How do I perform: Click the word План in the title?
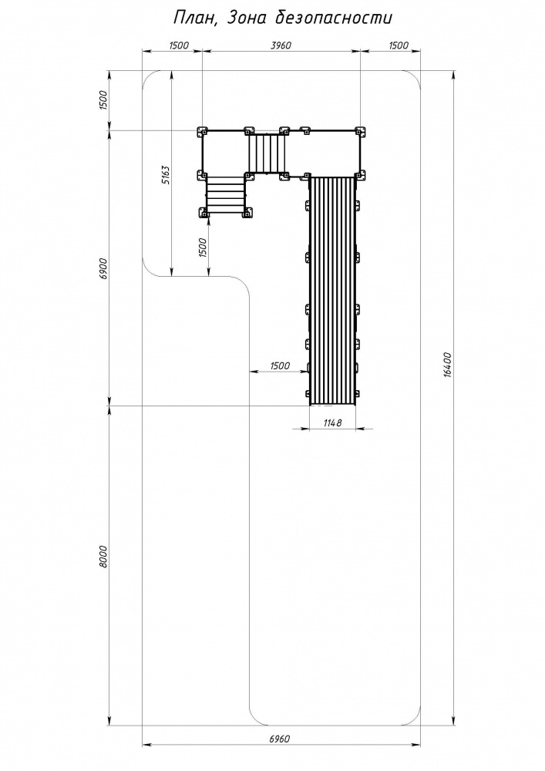coord(190,19)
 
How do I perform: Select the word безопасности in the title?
coord(333,19)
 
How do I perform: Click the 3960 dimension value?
coord(281,45)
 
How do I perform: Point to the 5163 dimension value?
coord(166,174)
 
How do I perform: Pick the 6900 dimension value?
coord(103,268)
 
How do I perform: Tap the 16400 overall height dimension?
coord(446,365)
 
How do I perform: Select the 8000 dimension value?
coord(103,556)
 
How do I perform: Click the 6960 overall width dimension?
coord(280,739)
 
